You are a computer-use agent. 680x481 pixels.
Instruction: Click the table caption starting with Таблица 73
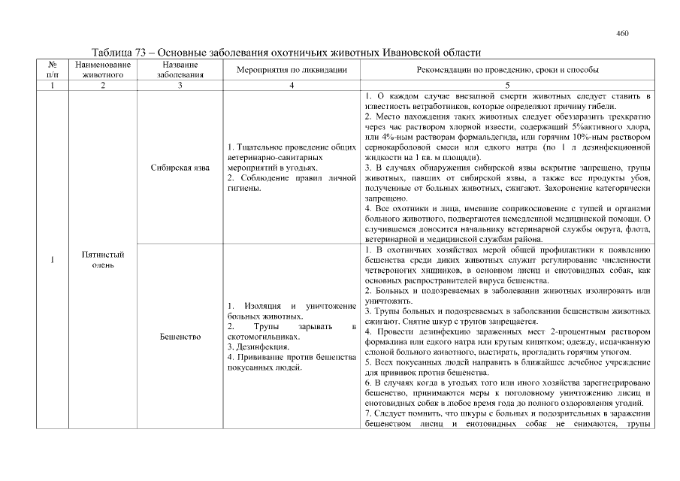pos(285,53)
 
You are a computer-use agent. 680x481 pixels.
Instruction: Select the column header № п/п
pos(52,70)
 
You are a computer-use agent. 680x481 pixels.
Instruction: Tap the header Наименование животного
pos(103,70)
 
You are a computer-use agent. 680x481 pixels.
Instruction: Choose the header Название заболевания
pos(180,70)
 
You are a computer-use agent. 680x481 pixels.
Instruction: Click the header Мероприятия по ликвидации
pos(291,70)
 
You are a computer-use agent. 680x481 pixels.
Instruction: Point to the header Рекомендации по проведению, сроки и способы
pos(507,70)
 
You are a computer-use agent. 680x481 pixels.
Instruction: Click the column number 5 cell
pos(507,86)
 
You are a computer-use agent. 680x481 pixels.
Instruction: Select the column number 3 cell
pos(180,86)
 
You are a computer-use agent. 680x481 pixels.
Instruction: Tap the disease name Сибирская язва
pos(180,168)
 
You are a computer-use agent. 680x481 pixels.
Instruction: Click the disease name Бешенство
pos(180,337)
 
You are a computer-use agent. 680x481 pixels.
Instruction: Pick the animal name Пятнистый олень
pos(103,260)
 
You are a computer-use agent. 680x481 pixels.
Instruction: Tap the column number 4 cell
pos(291,86)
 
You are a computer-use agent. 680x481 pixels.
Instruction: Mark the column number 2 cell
pos(103,86)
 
